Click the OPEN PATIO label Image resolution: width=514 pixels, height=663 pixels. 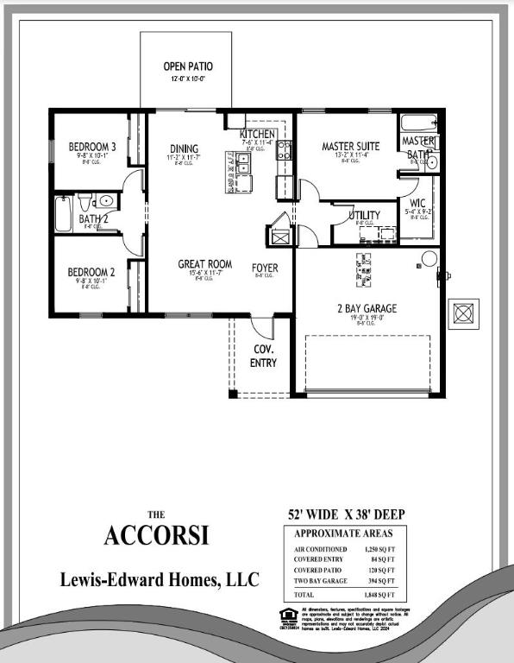pos(187,66)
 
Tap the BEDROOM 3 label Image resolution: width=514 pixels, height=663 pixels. pos(92,147)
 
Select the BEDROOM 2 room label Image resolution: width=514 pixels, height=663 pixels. pos(91,273)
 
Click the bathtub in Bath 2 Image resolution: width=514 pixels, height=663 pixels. pos(64,213)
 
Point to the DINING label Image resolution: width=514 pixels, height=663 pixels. pos(184,148)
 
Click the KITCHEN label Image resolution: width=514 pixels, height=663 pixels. pos(257,135)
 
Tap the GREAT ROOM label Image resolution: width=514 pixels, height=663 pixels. pos(204,264)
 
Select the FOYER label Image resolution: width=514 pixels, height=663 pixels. pos(265,268)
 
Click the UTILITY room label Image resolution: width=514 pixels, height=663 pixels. pos(364,215)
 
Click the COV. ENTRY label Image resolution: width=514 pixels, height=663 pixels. pos(264,356)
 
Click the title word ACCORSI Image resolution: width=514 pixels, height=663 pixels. pos(156,535)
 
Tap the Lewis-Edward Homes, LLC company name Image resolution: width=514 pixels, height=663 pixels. pos(159,580)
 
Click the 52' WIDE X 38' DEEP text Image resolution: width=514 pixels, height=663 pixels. pos(346,515)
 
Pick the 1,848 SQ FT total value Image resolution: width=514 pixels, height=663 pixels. pos(379,595)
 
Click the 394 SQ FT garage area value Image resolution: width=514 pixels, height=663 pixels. pos(380,581)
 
